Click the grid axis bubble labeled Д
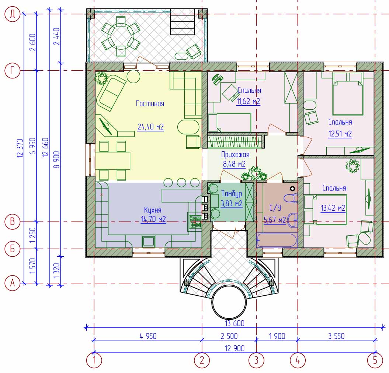point(12,14)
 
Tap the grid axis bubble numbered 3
point(256,360)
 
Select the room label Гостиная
point(150,103)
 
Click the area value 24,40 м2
point(150,127)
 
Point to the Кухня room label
point(153,210)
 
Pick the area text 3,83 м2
point(232,204)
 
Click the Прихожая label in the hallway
point(235,155)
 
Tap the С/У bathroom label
point(275,208)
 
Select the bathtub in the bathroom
point(277,240)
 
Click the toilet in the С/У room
point(291,198)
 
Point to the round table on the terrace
point(121,36)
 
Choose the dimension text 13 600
point(235,323)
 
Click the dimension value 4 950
point(148,336)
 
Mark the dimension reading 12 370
point(20,148)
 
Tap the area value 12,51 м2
point(340,134)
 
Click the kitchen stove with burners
point(195,221)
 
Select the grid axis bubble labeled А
point(12,282)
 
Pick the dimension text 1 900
point(277,336)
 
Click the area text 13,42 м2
point(333,208)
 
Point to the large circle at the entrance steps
point(229,302)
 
